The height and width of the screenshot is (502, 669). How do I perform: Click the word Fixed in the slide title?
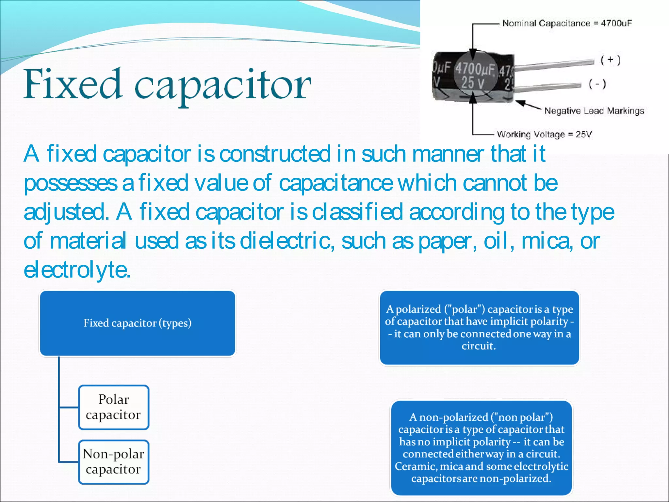click(73, 84)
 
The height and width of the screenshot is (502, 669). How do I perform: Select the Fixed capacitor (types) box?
click(138, 323)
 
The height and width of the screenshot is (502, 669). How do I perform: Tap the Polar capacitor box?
click(113, 407)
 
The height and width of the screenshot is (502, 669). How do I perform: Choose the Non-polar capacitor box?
click(113, 462)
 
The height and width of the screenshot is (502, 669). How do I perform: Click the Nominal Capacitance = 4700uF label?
click(567, 24)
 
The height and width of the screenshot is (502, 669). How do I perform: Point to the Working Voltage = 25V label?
click(544, 134)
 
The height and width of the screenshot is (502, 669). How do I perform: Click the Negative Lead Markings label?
click(594, 111)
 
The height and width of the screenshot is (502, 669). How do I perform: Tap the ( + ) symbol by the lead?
click(610, 60)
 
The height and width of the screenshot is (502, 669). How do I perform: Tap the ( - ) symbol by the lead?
click(597, 84)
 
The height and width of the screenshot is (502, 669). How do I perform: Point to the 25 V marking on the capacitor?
click(472, 83)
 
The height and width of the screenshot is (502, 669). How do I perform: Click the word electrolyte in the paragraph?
click(77, 270)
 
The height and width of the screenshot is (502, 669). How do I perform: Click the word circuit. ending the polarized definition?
click(479, 346)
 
